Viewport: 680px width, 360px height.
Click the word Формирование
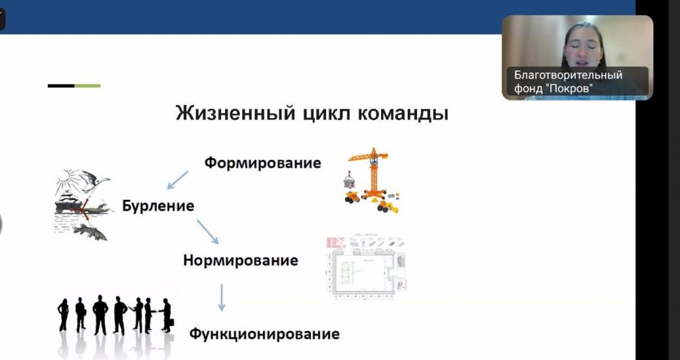263,163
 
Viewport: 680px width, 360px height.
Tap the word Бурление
158,205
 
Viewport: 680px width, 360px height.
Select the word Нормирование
240,260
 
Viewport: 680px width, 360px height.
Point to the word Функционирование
264,334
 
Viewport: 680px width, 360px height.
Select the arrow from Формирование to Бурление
177,179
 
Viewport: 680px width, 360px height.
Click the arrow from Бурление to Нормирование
208,232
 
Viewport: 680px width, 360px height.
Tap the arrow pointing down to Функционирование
222,298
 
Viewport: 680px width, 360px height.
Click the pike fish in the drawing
90,231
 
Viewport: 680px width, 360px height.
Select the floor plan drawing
367,267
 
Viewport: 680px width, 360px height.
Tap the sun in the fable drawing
66,177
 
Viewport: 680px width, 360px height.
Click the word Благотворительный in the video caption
568,75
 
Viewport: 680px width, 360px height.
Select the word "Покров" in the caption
569,89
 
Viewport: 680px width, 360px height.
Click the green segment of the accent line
88,86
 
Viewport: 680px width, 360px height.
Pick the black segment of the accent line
61,86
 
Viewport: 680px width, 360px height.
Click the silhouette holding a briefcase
167,315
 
